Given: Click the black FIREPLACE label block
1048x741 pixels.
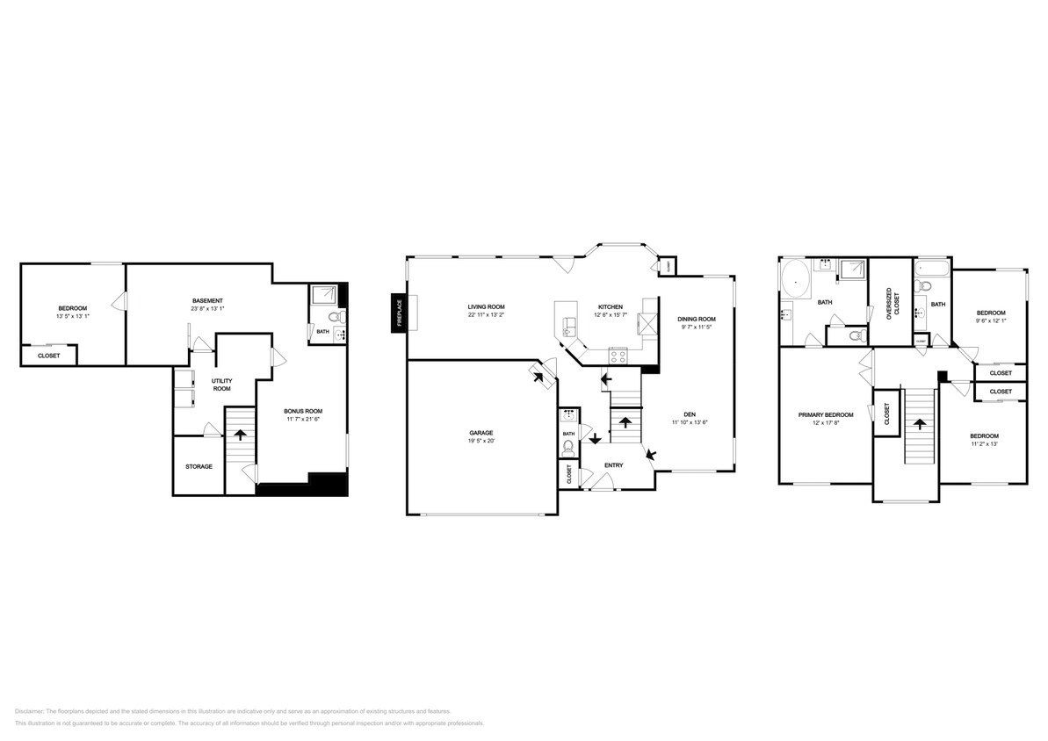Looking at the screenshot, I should [398, 313].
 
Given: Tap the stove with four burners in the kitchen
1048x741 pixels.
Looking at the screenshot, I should [618, 356].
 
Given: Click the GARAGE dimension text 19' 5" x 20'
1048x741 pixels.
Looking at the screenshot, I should [481, 442].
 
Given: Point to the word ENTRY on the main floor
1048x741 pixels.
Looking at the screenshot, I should [613, 464].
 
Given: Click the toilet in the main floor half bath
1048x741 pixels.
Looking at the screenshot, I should [568, 447].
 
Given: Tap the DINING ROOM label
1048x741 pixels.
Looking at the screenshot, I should [696, 319].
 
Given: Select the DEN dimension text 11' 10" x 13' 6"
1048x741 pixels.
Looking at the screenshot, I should [690, 423].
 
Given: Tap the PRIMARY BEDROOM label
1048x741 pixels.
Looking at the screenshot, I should [825, 414].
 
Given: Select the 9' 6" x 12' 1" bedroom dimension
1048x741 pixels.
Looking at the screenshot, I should [991, 321].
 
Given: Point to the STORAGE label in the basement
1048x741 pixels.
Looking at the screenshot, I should [199, 466].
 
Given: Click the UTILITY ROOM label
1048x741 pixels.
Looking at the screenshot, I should [221, 384].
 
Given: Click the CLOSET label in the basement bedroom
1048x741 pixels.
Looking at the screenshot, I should [49, 356].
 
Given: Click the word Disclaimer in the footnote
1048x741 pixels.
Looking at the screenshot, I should [30, 711].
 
